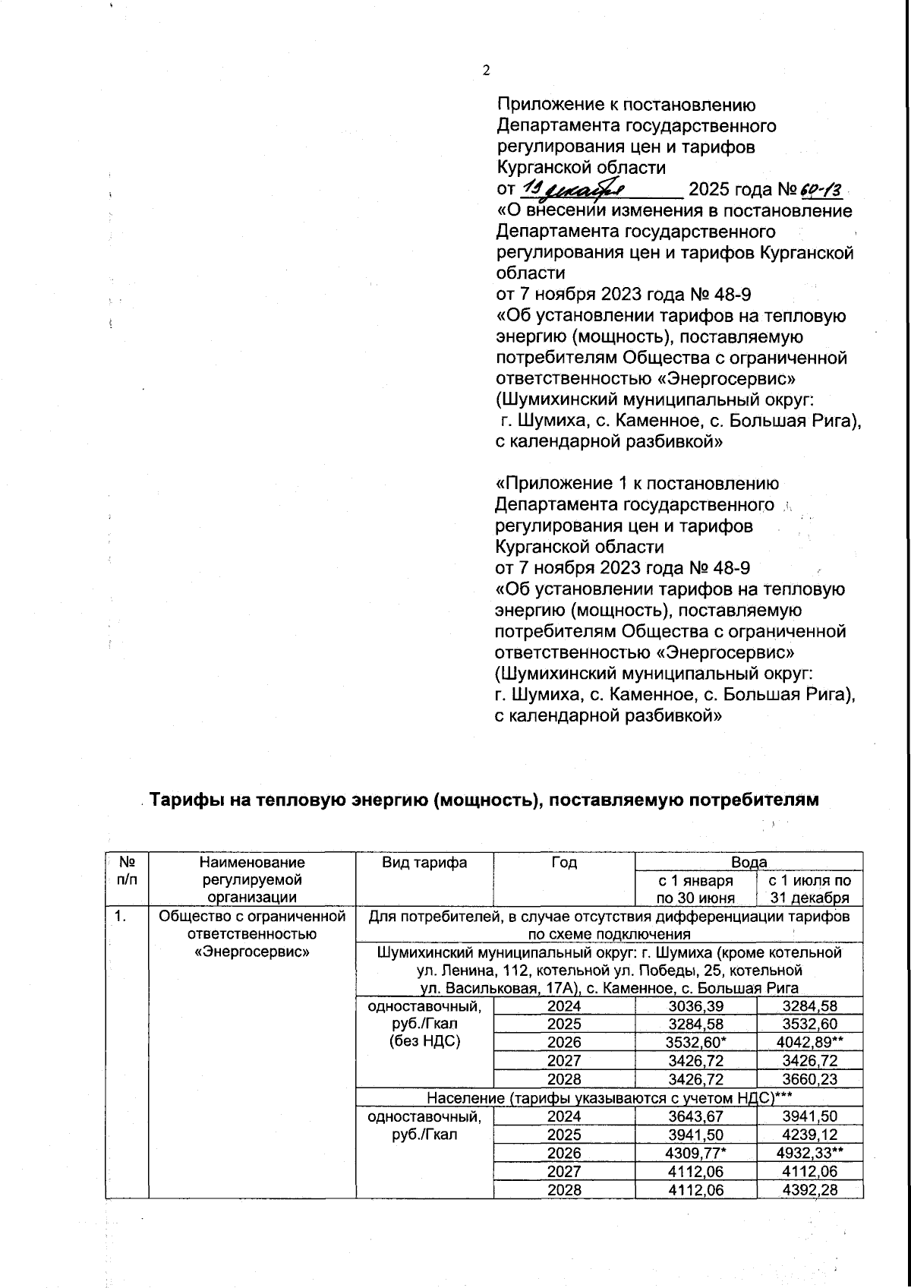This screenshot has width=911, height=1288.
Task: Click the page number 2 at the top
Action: pyautogui.click(x=487, y=71)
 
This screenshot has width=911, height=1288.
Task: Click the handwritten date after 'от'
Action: pyautogui.click(x=576, y=188)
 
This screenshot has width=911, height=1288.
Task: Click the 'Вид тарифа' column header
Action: pyautogui.click(x=424, y=862)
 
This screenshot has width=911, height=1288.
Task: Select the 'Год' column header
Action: pyautogui.click(x=563, y=862)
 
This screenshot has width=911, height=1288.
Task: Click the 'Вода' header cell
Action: pyautogui.click(x=749, y=862)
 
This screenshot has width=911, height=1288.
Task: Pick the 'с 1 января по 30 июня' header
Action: pyautogui.click(x=695, y=889)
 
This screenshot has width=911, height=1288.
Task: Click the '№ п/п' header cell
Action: pyautogui.click(x=128, y=871)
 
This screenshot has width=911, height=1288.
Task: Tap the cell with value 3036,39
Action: pyautogui.click(x=695, y=1006)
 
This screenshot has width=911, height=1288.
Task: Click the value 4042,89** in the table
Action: pyautogui.click(x=810, y=1043)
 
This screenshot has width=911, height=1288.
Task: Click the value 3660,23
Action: pyautogui.click(x=810, y=1079)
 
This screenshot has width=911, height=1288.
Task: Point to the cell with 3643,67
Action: pyautogui.click(x=695, y=1116)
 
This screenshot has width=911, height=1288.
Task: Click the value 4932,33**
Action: pyautogui.click(x=810, y=1152)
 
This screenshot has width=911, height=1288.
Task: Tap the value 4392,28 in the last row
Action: pyautogui.click(x=810, y=1189)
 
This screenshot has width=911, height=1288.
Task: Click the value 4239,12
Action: pyautogui.click(x=810, y=1134)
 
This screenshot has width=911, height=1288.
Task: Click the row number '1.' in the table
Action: pyautogui.click(x=120, y=917)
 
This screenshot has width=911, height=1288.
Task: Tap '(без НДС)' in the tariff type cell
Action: pyautogui.click(x=424, y=1041)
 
